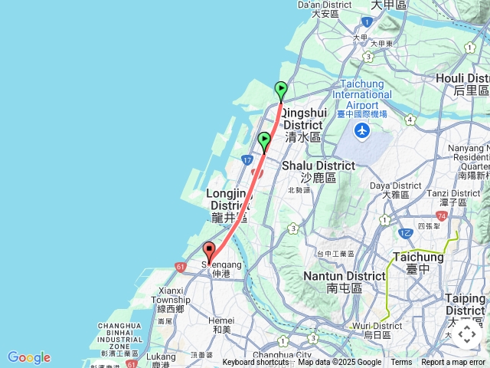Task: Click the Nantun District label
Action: tap(345, 281)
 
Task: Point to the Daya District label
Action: tap(396, 189)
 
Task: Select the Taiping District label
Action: tap(465, 304)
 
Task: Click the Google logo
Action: tap(28, 357)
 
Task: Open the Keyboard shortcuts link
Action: tap(256, 363)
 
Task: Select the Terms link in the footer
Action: tap(401, 363)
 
